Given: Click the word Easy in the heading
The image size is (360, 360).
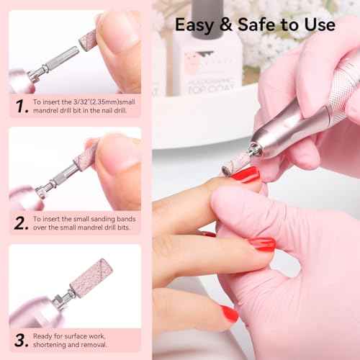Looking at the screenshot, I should [x=197, y=24].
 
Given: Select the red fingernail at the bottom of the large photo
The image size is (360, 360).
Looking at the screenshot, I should [x=229, y=314].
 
